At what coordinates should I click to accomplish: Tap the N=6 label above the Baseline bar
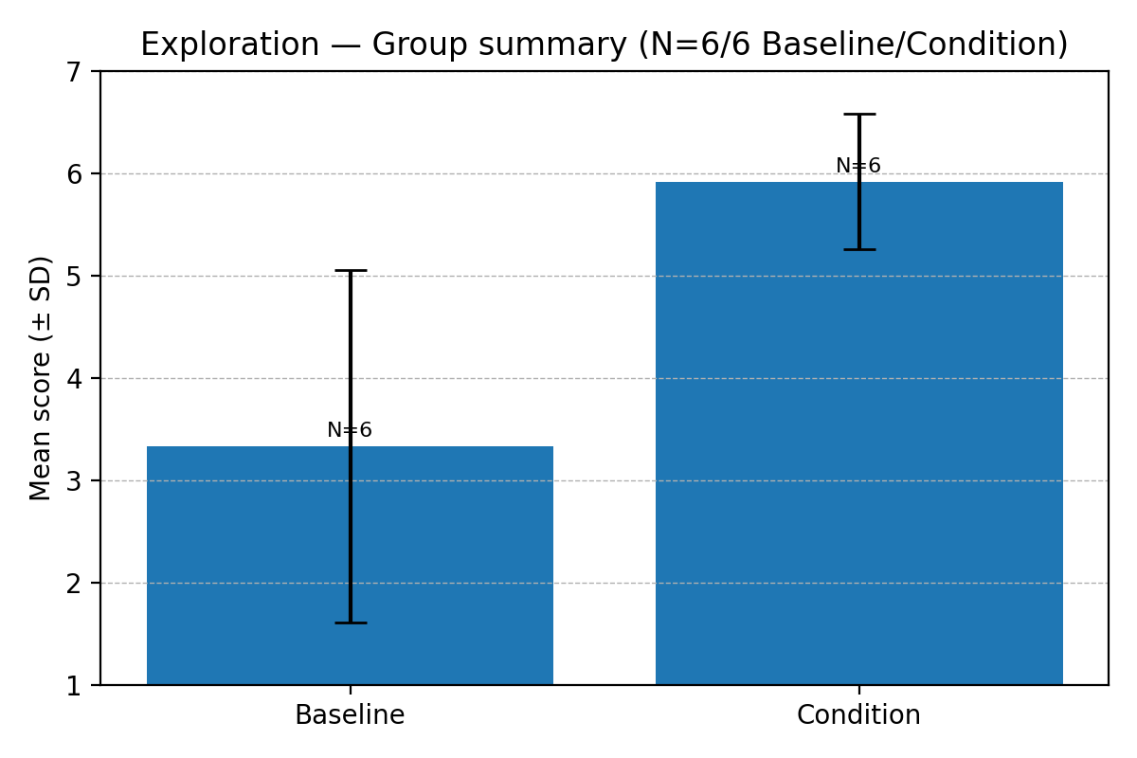[350, 430]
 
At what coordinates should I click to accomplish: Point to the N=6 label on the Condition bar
[858, 166]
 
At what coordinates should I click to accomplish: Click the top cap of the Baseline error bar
[350, 271]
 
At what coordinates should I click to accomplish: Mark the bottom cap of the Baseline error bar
[350, 623]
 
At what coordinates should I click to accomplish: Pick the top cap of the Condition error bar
[858, 115]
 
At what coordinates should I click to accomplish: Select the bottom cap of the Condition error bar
[858, 249]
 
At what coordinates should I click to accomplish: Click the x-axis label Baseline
[350, 715]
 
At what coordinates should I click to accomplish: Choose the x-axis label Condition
[858, 715]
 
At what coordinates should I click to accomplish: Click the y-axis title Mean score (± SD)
[41, 378]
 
